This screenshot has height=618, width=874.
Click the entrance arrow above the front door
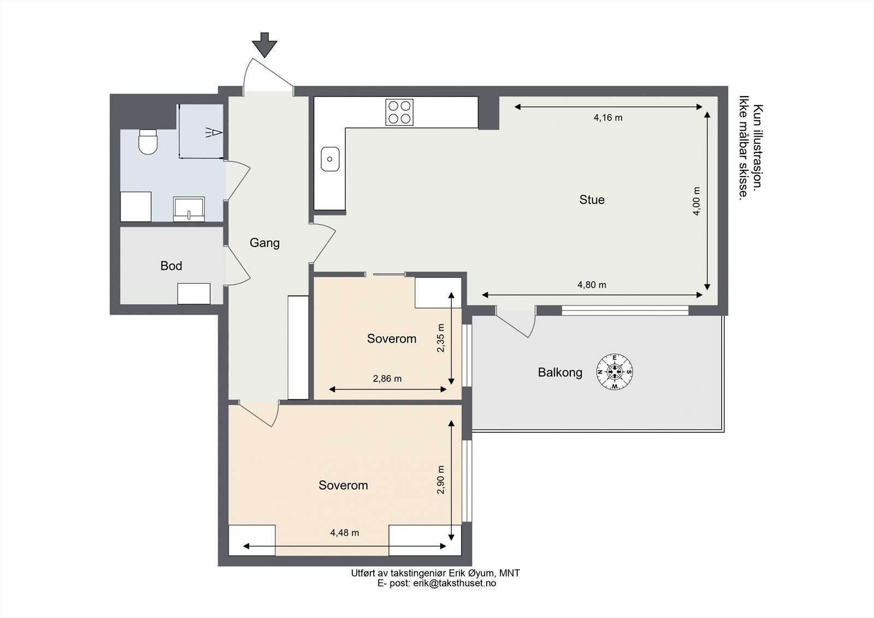(x=264, y=45)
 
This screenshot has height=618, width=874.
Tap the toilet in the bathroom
(x=148, y=142)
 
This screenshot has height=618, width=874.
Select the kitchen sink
(x=330, y=159)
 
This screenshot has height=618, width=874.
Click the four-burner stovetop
(x=399, y=113)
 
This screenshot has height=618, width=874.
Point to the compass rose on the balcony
(x=615, y=371)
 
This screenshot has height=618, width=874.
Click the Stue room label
(x=592, y=200)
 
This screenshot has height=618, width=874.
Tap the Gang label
(x=264, y=243)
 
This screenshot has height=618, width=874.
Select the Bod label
(x=172, y=266)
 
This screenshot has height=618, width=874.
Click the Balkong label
(x=560, y=373)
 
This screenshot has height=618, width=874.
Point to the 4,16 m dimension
(x=608, y=117)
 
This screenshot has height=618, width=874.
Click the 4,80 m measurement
(x=592, y=285)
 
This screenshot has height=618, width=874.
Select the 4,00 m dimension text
(x=696, y=201)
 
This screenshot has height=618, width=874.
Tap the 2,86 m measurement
(x=387, y=379)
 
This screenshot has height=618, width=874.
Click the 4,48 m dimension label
(x=345, y=533)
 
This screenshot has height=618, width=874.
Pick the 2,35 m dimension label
(x=441, y=338)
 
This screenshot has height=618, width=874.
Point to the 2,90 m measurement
(x=441, y=480)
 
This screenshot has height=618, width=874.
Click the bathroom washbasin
(x=189, y=209)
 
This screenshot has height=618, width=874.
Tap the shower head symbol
(x=214, y=133)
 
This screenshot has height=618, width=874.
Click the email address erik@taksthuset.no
(x=454, y=584)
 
